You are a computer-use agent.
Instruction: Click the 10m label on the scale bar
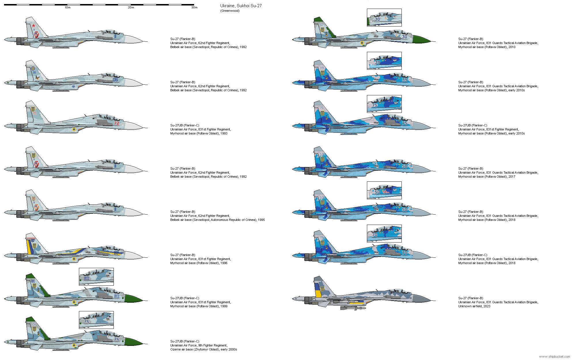[67, 7]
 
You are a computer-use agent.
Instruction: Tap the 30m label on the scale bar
[194, 7]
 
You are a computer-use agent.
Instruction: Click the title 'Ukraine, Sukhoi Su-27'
[241, 6]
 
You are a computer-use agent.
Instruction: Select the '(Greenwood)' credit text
[230, 11]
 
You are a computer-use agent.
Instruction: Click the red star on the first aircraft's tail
[33, 26]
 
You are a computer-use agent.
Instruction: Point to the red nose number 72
[116, 123]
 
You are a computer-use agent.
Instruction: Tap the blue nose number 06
[115, 80]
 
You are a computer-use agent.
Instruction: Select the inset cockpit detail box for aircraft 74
[96, 320]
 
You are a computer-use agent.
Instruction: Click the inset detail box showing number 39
[384, 61]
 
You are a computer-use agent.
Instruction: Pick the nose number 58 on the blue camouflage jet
[405, 166]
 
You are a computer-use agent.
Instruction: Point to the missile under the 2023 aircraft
[353, 308]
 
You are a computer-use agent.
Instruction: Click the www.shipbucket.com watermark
[554, 357]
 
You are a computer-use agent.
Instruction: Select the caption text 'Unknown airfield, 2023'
[474, 306]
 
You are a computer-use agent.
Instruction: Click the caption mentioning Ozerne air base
[203, 349]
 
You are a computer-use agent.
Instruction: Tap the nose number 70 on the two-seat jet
[405, 253]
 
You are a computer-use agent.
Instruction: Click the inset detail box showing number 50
[384, 190]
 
